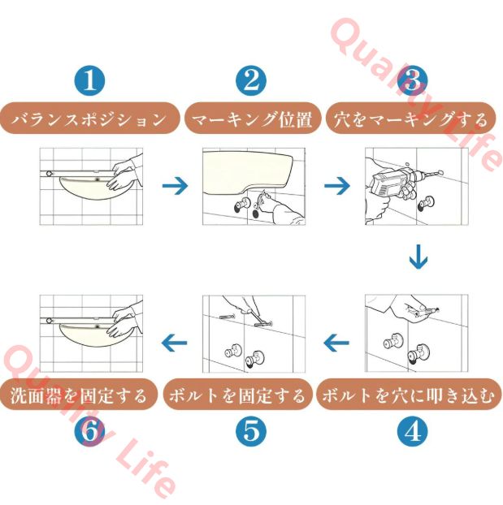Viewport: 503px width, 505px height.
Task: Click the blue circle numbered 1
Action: tap(90, 81)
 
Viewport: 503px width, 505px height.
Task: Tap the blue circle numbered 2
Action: tap(251, 81)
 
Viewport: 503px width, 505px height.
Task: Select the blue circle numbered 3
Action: tap(412, 81)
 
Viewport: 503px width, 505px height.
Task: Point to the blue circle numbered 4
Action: tap(412, 430)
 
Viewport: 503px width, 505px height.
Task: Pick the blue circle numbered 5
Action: tap(251, 430)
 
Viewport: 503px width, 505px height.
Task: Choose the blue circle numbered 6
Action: tap(90, 430)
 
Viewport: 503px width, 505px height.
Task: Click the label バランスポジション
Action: tap(90, 120)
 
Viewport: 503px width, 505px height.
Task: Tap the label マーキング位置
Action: tap(251, 120)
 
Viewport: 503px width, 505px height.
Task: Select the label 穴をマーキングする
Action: tap(412, 120)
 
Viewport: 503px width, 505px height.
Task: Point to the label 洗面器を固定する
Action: tap(78, 395)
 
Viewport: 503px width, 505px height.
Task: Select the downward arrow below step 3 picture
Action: tap(418, 259)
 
